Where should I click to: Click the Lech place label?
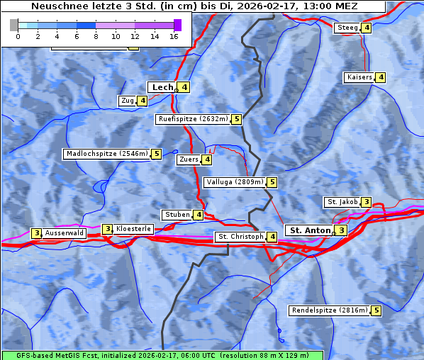click(x=162, y=87)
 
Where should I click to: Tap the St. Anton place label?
click(x=310, y=230)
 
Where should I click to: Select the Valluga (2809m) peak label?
click(x=235, y=182)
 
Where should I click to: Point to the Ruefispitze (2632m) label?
click(x=193, y=119)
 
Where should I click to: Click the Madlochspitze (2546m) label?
click(x=106, y=154)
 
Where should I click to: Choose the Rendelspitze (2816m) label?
click(x=330, y=310)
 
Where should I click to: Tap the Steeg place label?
click(x=347, y=28)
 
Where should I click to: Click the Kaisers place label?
click(x=359, y=77)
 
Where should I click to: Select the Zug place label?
click(x=128, y=101)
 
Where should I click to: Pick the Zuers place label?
click(x=189, y=159)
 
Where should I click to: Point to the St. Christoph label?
click(x=240, y=237)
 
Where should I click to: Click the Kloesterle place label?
click(x=133, y=229)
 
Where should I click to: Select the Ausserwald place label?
click(x=64, y=233)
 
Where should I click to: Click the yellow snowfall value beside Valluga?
click(x=272, y=182)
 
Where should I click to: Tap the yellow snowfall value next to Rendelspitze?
click(x=376, y=310)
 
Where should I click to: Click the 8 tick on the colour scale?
click(x=96, y=35)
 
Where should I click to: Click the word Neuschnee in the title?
click(x=55, y=6)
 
